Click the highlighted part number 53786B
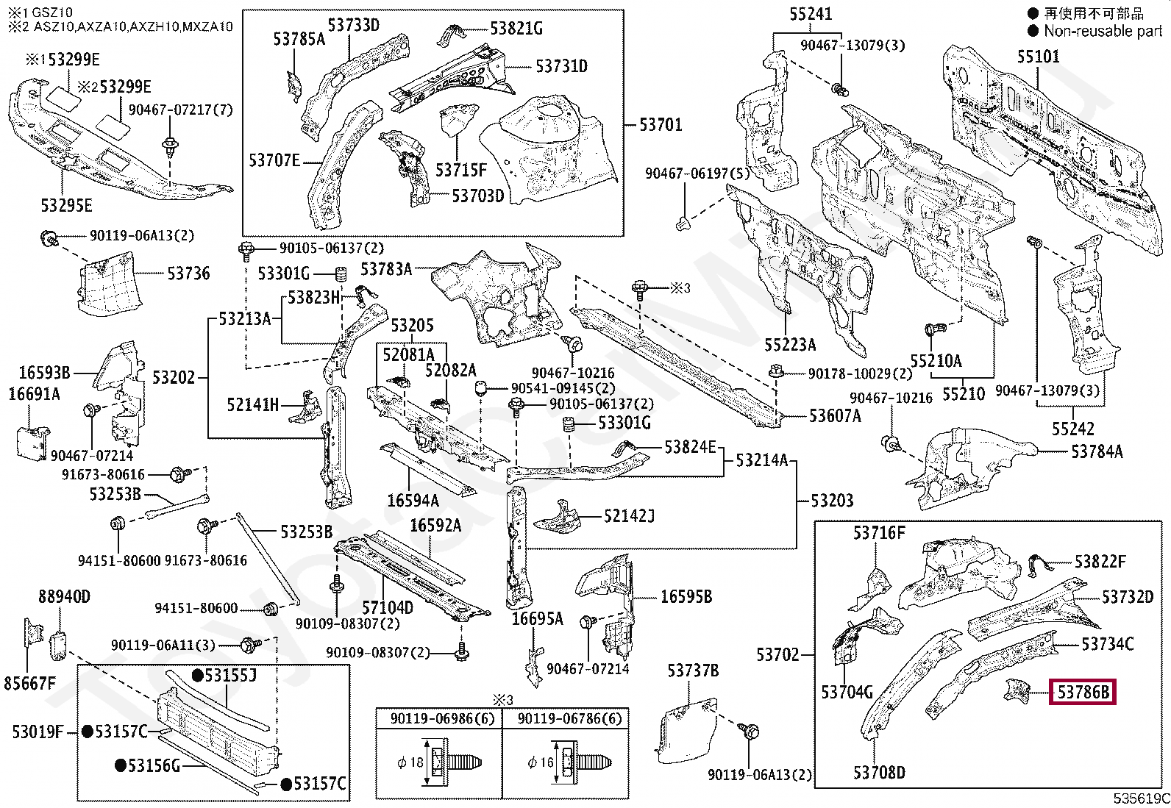pos(1082,692)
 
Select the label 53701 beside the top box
pos(661,124)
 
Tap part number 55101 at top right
pos(1039,57)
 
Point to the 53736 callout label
pos(188,273)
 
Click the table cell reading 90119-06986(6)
pos(438,718)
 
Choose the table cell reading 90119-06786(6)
pos(565,718)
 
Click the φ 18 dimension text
pos(410,762)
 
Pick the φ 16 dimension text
pos(540,762)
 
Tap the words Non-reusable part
pos(1103,31)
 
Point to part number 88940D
pos(64,596)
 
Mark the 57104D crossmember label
pos(388,608)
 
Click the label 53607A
pos(834,416)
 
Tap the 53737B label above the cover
pos(693,670)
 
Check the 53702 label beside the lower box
pos(777,654)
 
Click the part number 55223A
pos(790,345)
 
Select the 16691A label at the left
pos(34,394)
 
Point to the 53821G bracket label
pos(516,29)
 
